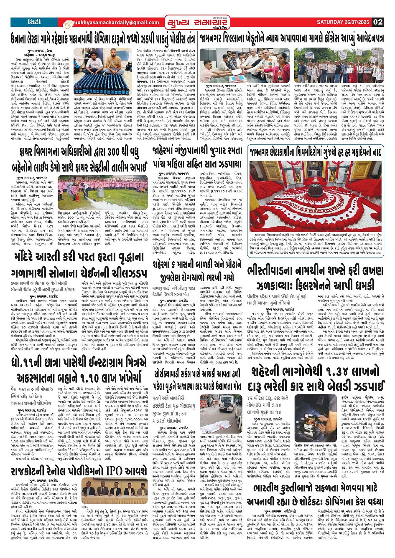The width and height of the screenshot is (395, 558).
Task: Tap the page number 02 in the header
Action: pos(378,22)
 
